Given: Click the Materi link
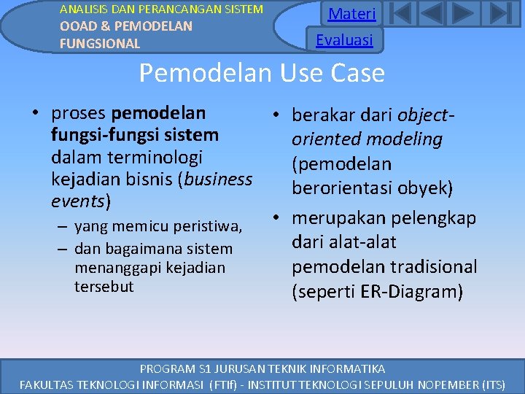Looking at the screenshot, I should (352, 14).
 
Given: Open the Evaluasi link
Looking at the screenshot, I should (344, 39).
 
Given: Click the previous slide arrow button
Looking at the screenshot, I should (432, 15).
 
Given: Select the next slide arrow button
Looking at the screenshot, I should (464, 15).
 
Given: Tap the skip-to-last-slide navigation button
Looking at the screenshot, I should (498, 15).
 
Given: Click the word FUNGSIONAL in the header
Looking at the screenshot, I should (100, 43).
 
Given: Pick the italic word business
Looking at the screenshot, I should (218, 179).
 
